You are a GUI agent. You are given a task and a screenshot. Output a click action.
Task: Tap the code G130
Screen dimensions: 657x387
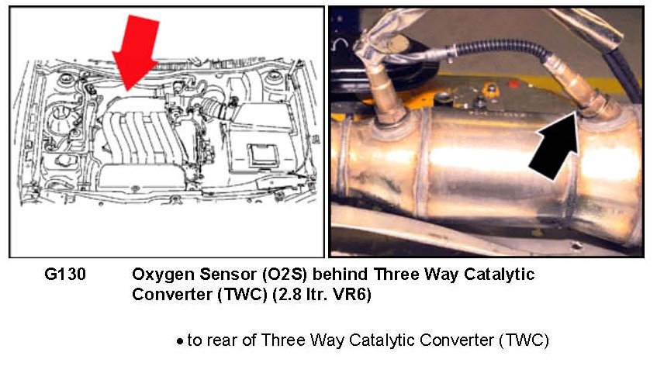[65, 275]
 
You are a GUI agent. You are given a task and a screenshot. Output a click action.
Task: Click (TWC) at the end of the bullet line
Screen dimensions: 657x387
[524, 340]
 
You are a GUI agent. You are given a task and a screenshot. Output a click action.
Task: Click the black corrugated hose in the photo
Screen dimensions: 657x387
[501, 49]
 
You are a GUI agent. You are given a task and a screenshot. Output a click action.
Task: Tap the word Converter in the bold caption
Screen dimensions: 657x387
[171, 295]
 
